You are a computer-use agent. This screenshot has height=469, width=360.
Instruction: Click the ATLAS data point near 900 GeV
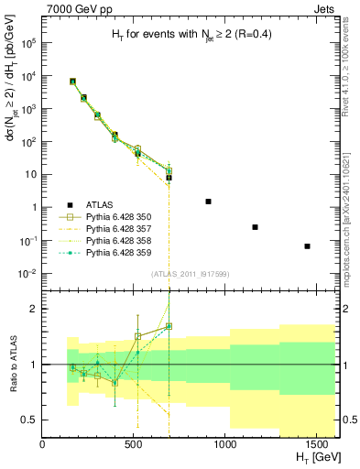pos(208,202)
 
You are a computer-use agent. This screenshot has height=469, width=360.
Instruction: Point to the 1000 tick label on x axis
pos(225,444)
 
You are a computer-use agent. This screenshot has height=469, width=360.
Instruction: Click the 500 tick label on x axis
pos(135,444)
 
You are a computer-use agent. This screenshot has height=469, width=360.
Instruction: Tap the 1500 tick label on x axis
pos(317,444)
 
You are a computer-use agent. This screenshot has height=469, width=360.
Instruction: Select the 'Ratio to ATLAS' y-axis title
pos(12,364)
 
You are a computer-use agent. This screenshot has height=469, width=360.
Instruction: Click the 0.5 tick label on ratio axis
pos(28,420)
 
